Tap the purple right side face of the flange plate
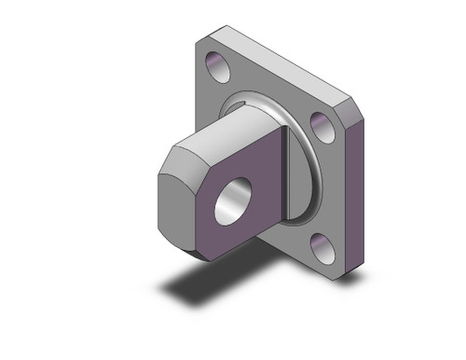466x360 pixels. (359, 187)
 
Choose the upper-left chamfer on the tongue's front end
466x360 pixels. (166, 159)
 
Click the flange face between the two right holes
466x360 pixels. (326, 187)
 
